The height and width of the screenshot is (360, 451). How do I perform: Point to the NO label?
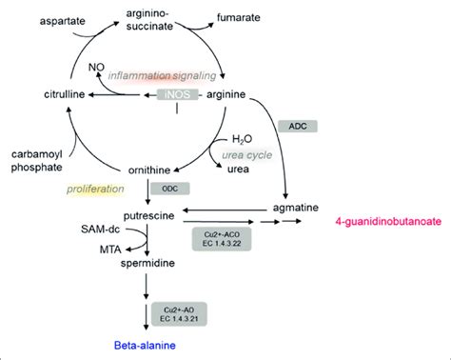[95, 66]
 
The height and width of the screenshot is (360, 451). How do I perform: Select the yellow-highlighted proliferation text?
[95, 188]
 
